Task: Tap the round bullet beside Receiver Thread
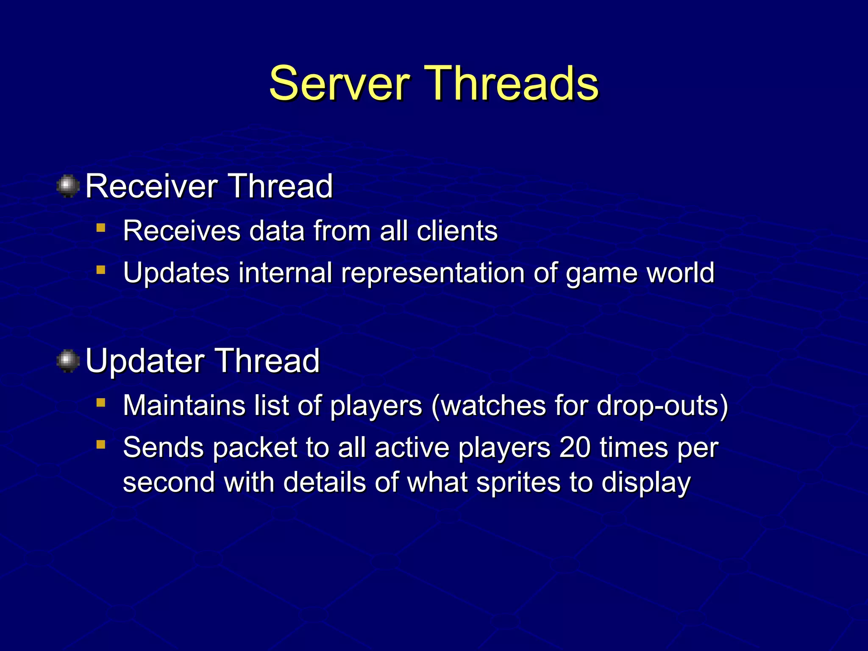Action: [x=68, y=186]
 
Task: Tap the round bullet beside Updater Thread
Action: [x=68, y=361]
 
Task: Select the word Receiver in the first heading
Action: [x=151, y=186]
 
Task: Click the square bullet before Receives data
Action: [x=100, y=228]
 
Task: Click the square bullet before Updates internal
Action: [x=100, y=270]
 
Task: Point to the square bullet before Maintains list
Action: [x=100, y=402]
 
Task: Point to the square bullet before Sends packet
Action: [x=100, y=444]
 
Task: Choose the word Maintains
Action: [x=184, y=406]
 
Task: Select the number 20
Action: [x=575, y=448]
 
